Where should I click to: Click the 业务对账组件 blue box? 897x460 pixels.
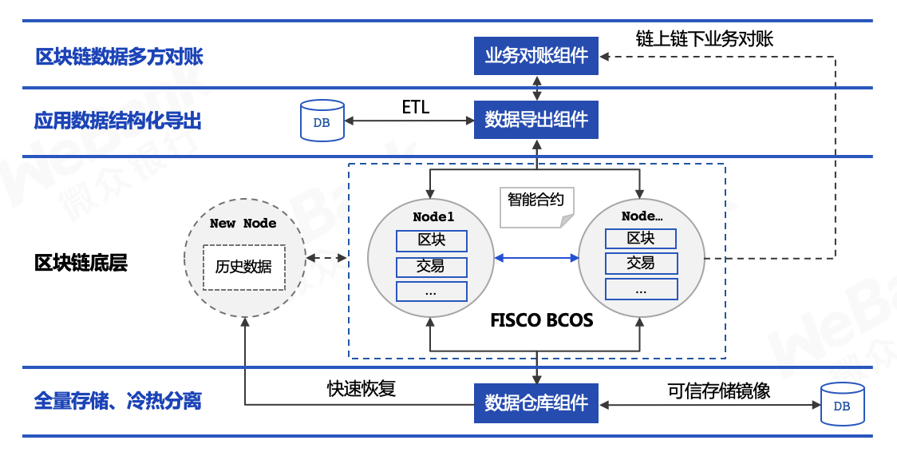click(535, 56)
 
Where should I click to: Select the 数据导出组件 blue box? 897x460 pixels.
click(535, 120)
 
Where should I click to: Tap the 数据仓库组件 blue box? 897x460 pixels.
click(535, 402)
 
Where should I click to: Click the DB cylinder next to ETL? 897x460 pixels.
click(322, 121)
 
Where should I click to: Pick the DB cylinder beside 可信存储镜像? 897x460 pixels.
click(842, 405)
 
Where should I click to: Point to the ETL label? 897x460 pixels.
click(415, 107)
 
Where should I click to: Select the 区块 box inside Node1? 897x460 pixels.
click(431, 240)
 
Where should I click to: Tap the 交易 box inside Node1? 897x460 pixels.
click(431, 265)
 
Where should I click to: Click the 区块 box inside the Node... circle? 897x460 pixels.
click(640, 238)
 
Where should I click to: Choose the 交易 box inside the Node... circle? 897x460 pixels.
click(640, 263)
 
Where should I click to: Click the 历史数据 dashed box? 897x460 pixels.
click(243, 267)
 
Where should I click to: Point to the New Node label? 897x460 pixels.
click(243, 224)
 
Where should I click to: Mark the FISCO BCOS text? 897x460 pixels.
click(541, 321)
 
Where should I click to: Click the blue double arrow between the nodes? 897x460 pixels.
click(535, 257)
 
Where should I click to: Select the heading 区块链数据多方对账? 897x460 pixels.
click(119, 57)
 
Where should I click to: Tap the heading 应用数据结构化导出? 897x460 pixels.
click(117, 121)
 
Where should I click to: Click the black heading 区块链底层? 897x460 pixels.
click(81, 263)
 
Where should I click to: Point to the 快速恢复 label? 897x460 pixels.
click(362, 389)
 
